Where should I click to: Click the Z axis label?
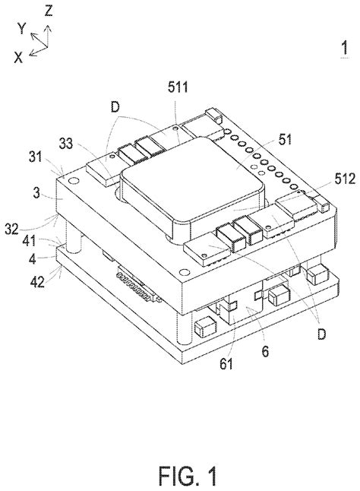tap(49, 10)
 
